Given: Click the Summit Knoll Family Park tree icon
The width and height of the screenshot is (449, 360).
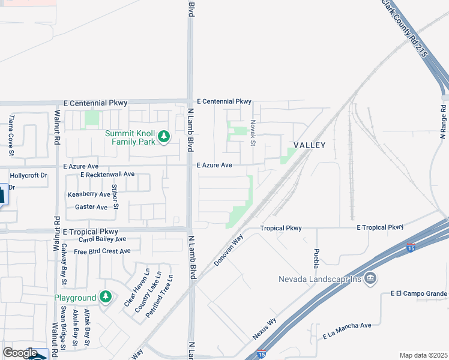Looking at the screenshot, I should [x=163, y=137].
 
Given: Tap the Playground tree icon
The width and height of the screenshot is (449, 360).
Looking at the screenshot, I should [x=106, y=297].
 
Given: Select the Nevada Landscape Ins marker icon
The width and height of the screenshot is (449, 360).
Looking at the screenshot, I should [x=370, y=278].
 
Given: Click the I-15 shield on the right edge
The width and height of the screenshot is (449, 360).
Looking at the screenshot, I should [x=410, y=246].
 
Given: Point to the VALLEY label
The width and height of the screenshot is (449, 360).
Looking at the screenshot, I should [x=309, y=145].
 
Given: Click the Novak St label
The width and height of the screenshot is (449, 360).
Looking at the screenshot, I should [x=253, y=132].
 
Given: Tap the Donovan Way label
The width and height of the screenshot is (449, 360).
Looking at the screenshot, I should [x=229, y=251].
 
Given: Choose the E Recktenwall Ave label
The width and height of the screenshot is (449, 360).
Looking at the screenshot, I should [x=107, y=174].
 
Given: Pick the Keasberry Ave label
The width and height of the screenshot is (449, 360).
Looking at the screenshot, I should [x=89, y=194].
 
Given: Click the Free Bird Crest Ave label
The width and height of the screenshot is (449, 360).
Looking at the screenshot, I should [x=102, y=251].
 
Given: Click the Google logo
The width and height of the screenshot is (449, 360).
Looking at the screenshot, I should [x=20, y=353].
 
